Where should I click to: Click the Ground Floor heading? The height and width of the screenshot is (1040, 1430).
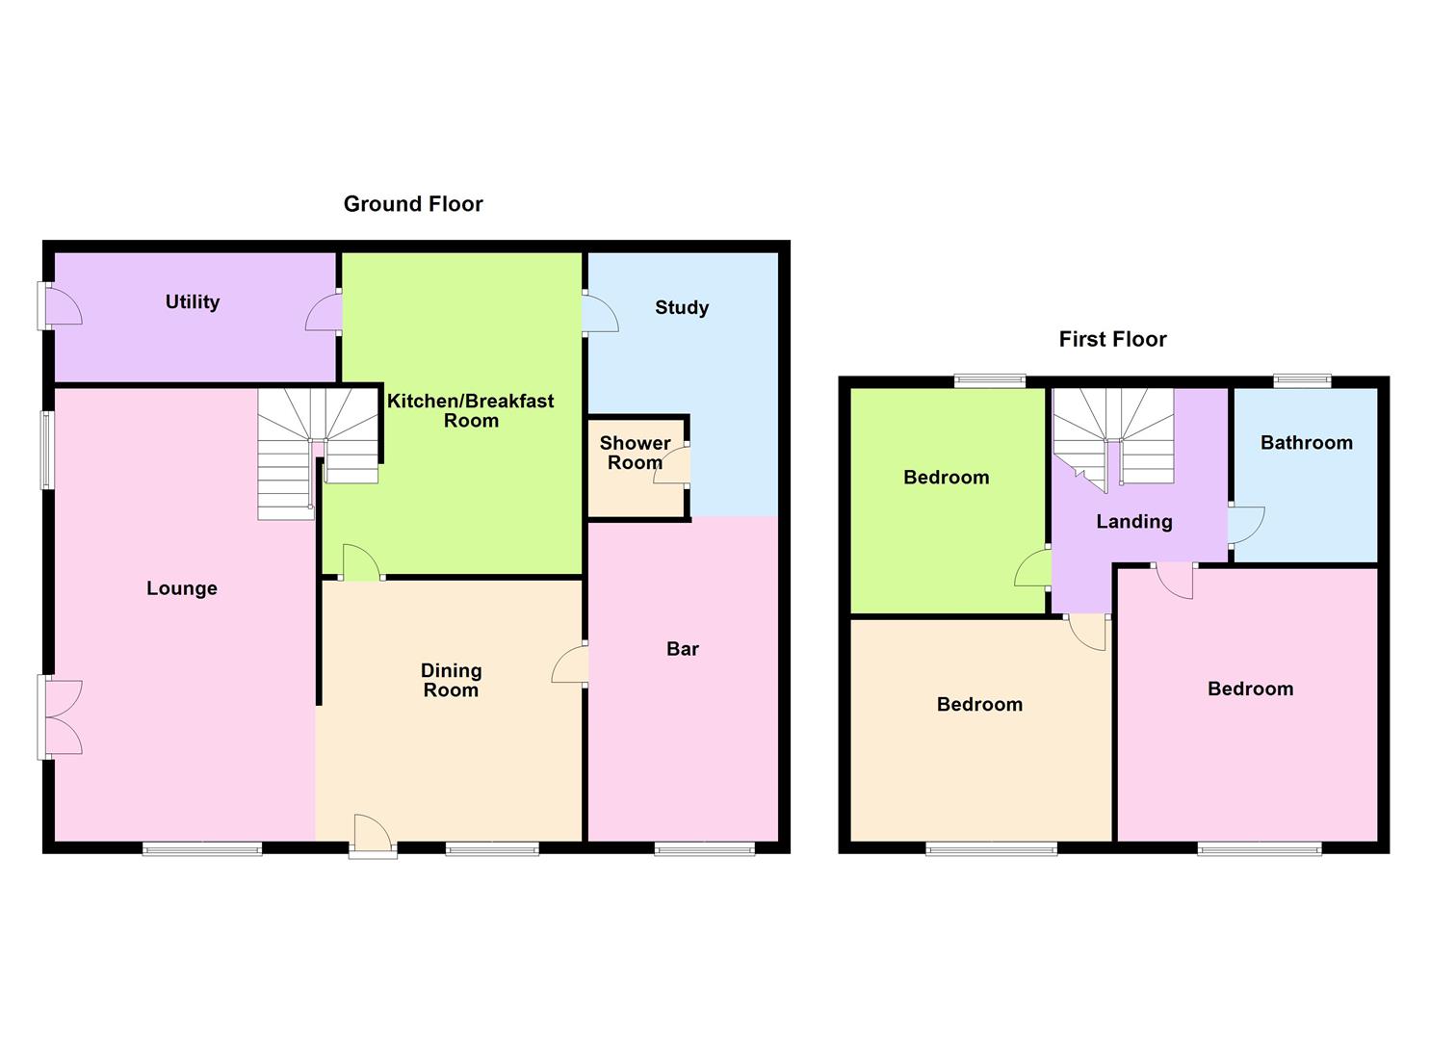(413, 204)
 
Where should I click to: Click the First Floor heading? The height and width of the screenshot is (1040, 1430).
(1112, 339)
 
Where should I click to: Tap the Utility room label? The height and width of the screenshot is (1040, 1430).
(193, 302)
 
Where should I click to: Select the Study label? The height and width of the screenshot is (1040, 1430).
(682, 308)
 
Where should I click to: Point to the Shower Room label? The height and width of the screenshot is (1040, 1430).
(635, 453)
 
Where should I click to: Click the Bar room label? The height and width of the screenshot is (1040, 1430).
(682, 649)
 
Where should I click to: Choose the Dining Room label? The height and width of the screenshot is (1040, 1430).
(451, 680)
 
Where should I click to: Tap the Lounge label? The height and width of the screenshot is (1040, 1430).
(182, 588)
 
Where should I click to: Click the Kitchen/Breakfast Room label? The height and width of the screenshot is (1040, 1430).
(470, 410)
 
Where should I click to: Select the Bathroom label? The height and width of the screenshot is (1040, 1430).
(1306, 443)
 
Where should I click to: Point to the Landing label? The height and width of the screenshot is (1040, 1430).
(1134, 522)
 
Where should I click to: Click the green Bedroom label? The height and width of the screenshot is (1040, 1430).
(946, 478)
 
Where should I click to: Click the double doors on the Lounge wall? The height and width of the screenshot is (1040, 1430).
(60, 716)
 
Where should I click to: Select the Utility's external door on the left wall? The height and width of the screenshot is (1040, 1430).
(62, 306)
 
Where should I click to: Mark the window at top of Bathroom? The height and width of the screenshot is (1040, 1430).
(1302, 381)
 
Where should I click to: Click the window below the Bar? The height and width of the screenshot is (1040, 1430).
(705, 848)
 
